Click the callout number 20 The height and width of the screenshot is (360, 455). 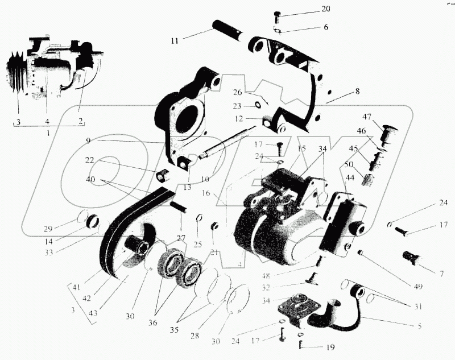[x=325, y=9]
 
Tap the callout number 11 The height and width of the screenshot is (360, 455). [x=174, y=40]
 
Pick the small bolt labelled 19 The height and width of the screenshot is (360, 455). [x=300, y=344]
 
